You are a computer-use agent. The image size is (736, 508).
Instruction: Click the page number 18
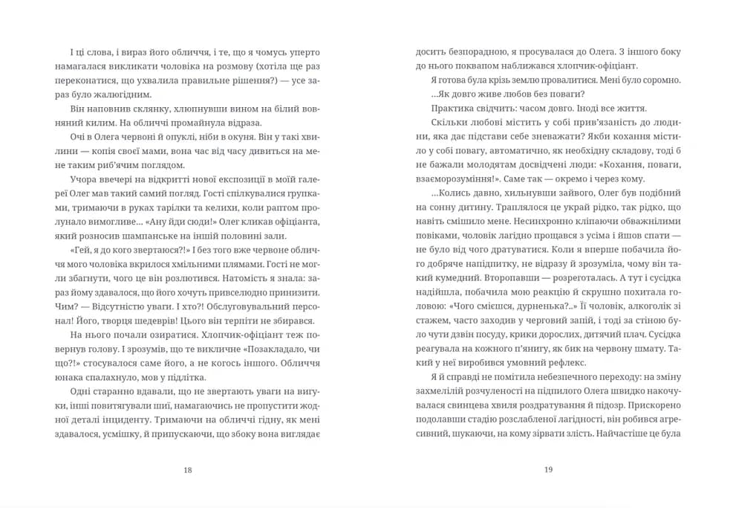click(187, 469)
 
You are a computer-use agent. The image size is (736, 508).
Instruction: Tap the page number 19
click(549, 469)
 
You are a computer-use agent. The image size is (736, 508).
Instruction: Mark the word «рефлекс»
click(562, 362)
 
